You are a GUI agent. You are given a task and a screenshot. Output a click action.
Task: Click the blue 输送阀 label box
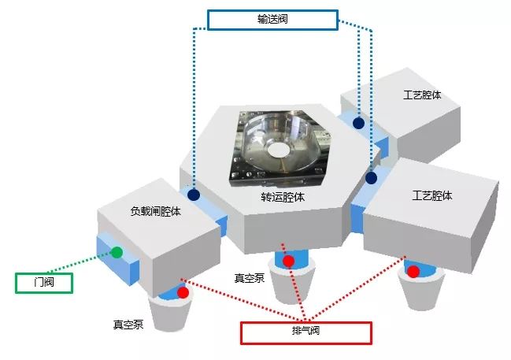tap(272, 20)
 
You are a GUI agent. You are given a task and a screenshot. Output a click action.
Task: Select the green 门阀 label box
tap(44, 283)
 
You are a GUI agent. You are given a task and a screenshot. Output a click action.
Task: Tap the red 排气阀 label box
tap(306, 333)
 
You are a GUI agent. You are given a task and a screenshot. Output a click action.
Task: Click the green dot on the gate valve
tap(117, 252)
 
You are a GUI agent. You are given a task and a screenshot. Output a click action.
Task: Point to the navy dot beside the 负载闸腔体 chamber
tap(194, 195)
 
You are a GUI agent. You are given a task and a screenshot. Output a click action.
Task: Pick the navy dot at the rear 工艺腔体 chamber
tap(358, 123)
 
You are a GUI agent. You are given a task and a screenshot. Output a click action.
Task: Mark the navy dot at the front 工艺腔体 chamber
tap(371, 178)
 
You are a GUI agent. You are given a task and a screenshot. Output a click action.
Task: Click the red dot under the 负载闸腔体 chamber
tap(183, 292)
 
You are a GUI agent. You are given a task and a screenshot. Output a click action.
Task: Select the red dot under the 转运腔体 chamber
tap(288, 262)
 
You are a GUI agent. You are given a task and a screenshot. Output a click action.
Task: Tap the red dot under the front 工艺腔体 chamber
tap(413, 271)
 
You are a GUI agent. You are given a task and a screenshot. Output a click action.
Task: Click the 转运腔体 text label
tap(283, 197)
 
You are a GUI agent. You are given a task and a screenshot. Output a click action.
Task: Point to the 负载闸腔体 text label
tap(155, 211)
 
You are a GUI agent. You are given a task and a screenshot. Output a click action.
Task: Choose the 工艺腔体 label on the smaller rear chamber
tap(422, 95)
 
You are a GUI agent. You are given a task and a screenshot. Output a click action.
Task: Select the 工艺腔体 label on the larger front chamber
tap(432, 195)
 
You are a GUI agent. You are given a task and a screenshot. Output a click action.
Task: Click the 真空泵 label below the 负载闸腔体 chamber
tap(128, 324)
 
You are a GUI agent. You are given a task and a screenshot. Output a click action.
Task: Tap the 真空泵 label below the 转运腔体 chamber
tap(250, 278)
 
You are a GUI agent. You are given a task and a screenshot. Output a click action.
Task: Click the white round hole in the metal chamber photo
tap(278, 150)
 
